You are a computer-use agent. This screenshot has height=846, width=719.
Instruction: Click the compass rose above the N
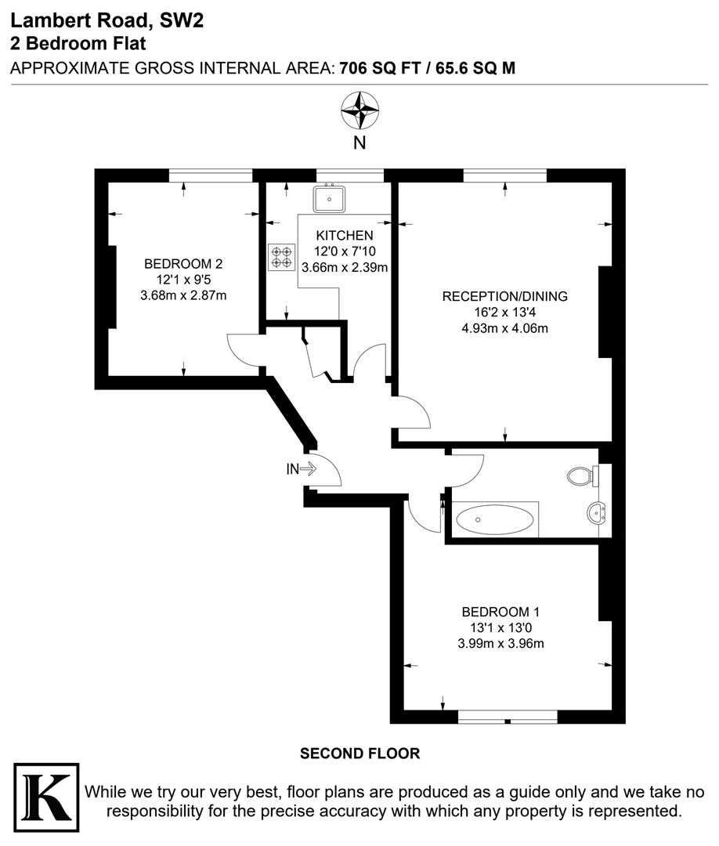(359, 110)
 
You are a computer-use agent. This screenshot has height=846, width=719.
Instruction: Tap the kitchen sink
(330, 198)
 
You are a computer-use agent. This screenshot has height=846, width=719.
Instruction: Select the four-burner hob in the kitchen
(281, 256)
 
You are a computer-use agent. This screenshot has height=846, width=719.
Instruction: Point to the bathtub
(495, 520)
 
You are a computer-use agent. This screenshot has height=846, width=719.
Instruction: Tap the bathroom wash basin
(598, 514)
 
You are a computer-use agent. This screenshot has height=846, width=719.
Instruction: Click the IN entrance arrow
(302, 469)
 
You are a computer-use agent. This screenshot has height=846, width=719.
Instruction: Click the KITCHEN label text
(345, 236)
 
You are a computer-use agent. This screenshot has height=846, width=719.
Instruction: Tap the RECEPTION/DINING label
(504, 297)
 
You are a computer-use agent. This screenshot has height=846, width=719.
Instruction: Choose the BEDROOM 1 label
(500, 612)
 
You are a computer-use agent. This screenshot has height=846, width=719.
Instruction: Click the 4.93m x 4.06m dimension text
(504, 328)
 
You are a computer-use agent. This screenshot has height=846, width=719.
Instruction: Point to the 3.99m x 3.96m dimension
(500, 644)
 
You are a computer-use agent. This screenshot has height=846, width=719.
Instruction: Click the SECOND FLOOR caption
(360, 754)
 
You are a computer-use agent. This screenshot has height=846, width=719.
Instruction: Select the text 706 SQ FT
(375, 68)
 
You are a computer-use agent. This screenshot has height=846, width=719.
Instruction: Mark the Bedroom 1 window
(508, 716)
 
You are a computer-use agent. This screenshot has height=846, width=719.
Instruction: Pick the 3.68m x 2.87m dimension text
(183, 295)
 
